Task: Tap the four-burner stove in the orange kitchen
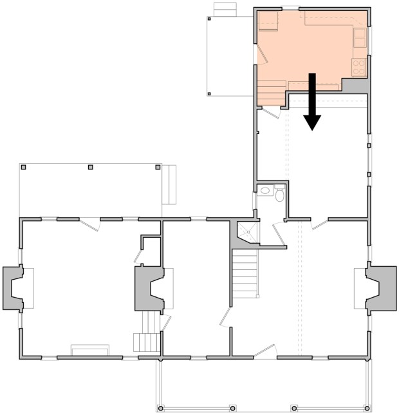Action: (358, 66)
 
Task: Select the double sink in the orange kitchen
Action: (360, 37)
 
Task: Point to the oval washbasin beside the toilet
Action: (265, 191)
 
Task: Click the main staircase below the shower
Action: (245, 274)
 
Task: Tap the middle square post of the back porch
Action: (91, 168)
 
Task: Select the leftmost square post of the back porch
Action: (23, 168)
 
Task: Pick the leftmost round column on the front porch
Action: (161, 407)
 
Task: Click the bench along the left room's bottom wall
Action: (89, 349)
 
